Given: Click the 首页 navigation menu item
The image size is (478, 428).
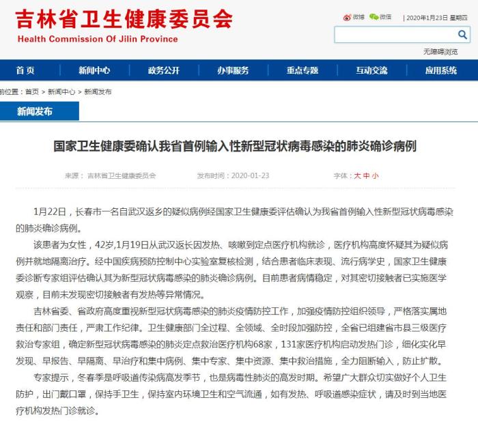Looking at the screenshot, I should (25, 70).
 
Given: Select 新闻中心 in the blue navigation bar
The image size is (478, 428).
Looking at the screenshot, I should (94, 70).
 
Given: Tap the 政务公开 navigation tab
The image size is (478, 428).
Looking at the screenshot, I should (163, 70).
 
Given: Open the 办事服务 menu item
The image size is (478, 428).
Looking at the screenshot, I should (233, 70).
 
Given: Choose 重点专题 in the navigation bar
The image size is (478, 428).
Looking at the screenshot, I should (302, 70).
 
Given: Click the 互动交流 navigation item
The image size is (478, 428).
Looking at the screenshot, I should (371, 70).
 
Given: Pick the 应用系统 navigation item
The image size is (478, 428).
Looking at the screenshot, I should (440, 70).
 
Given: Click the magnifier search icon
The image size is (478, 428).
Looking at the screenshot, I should (462, 35).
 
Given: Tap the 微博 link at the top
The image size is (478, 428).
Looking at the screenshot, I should (354, 16).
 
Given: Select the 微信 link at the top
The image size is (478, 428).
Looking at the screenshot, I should (381, 16).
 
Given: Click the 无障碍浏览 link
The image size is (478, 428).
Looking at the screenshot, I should (440, 51).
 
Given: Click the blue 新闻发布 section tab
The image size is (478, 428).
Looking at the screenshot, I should (34, 111).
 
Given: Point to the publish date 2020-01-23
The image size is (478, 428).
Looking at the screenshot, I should (250, 175).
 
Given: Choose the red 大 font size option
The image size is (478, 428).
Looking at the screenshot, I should (356, 175).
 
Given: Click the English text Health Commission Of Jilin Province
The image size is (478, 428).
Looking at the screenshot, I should (96, 39).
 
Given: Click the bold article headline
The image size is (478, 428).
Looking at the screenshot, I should (235, 146).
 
